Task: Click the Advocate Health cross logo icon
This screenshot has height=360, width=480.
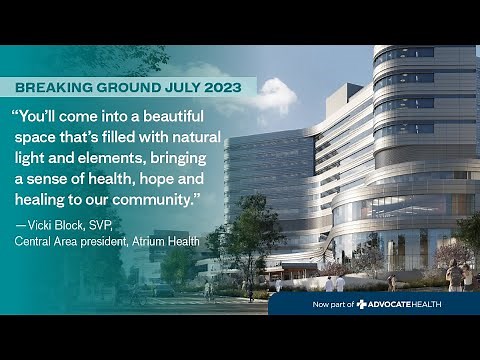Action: pyautogui.click(x=362, y=303)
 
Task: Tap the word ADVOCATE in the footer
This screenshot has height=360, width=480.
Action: pyautogui.click(x=392, y=303)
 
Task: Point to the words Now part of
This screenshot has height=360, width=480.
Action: pyautogui.click(x=333, y=303)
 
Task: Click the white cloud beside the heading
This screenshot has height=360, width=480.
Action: pyautogui.click(x=274, y=97)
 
